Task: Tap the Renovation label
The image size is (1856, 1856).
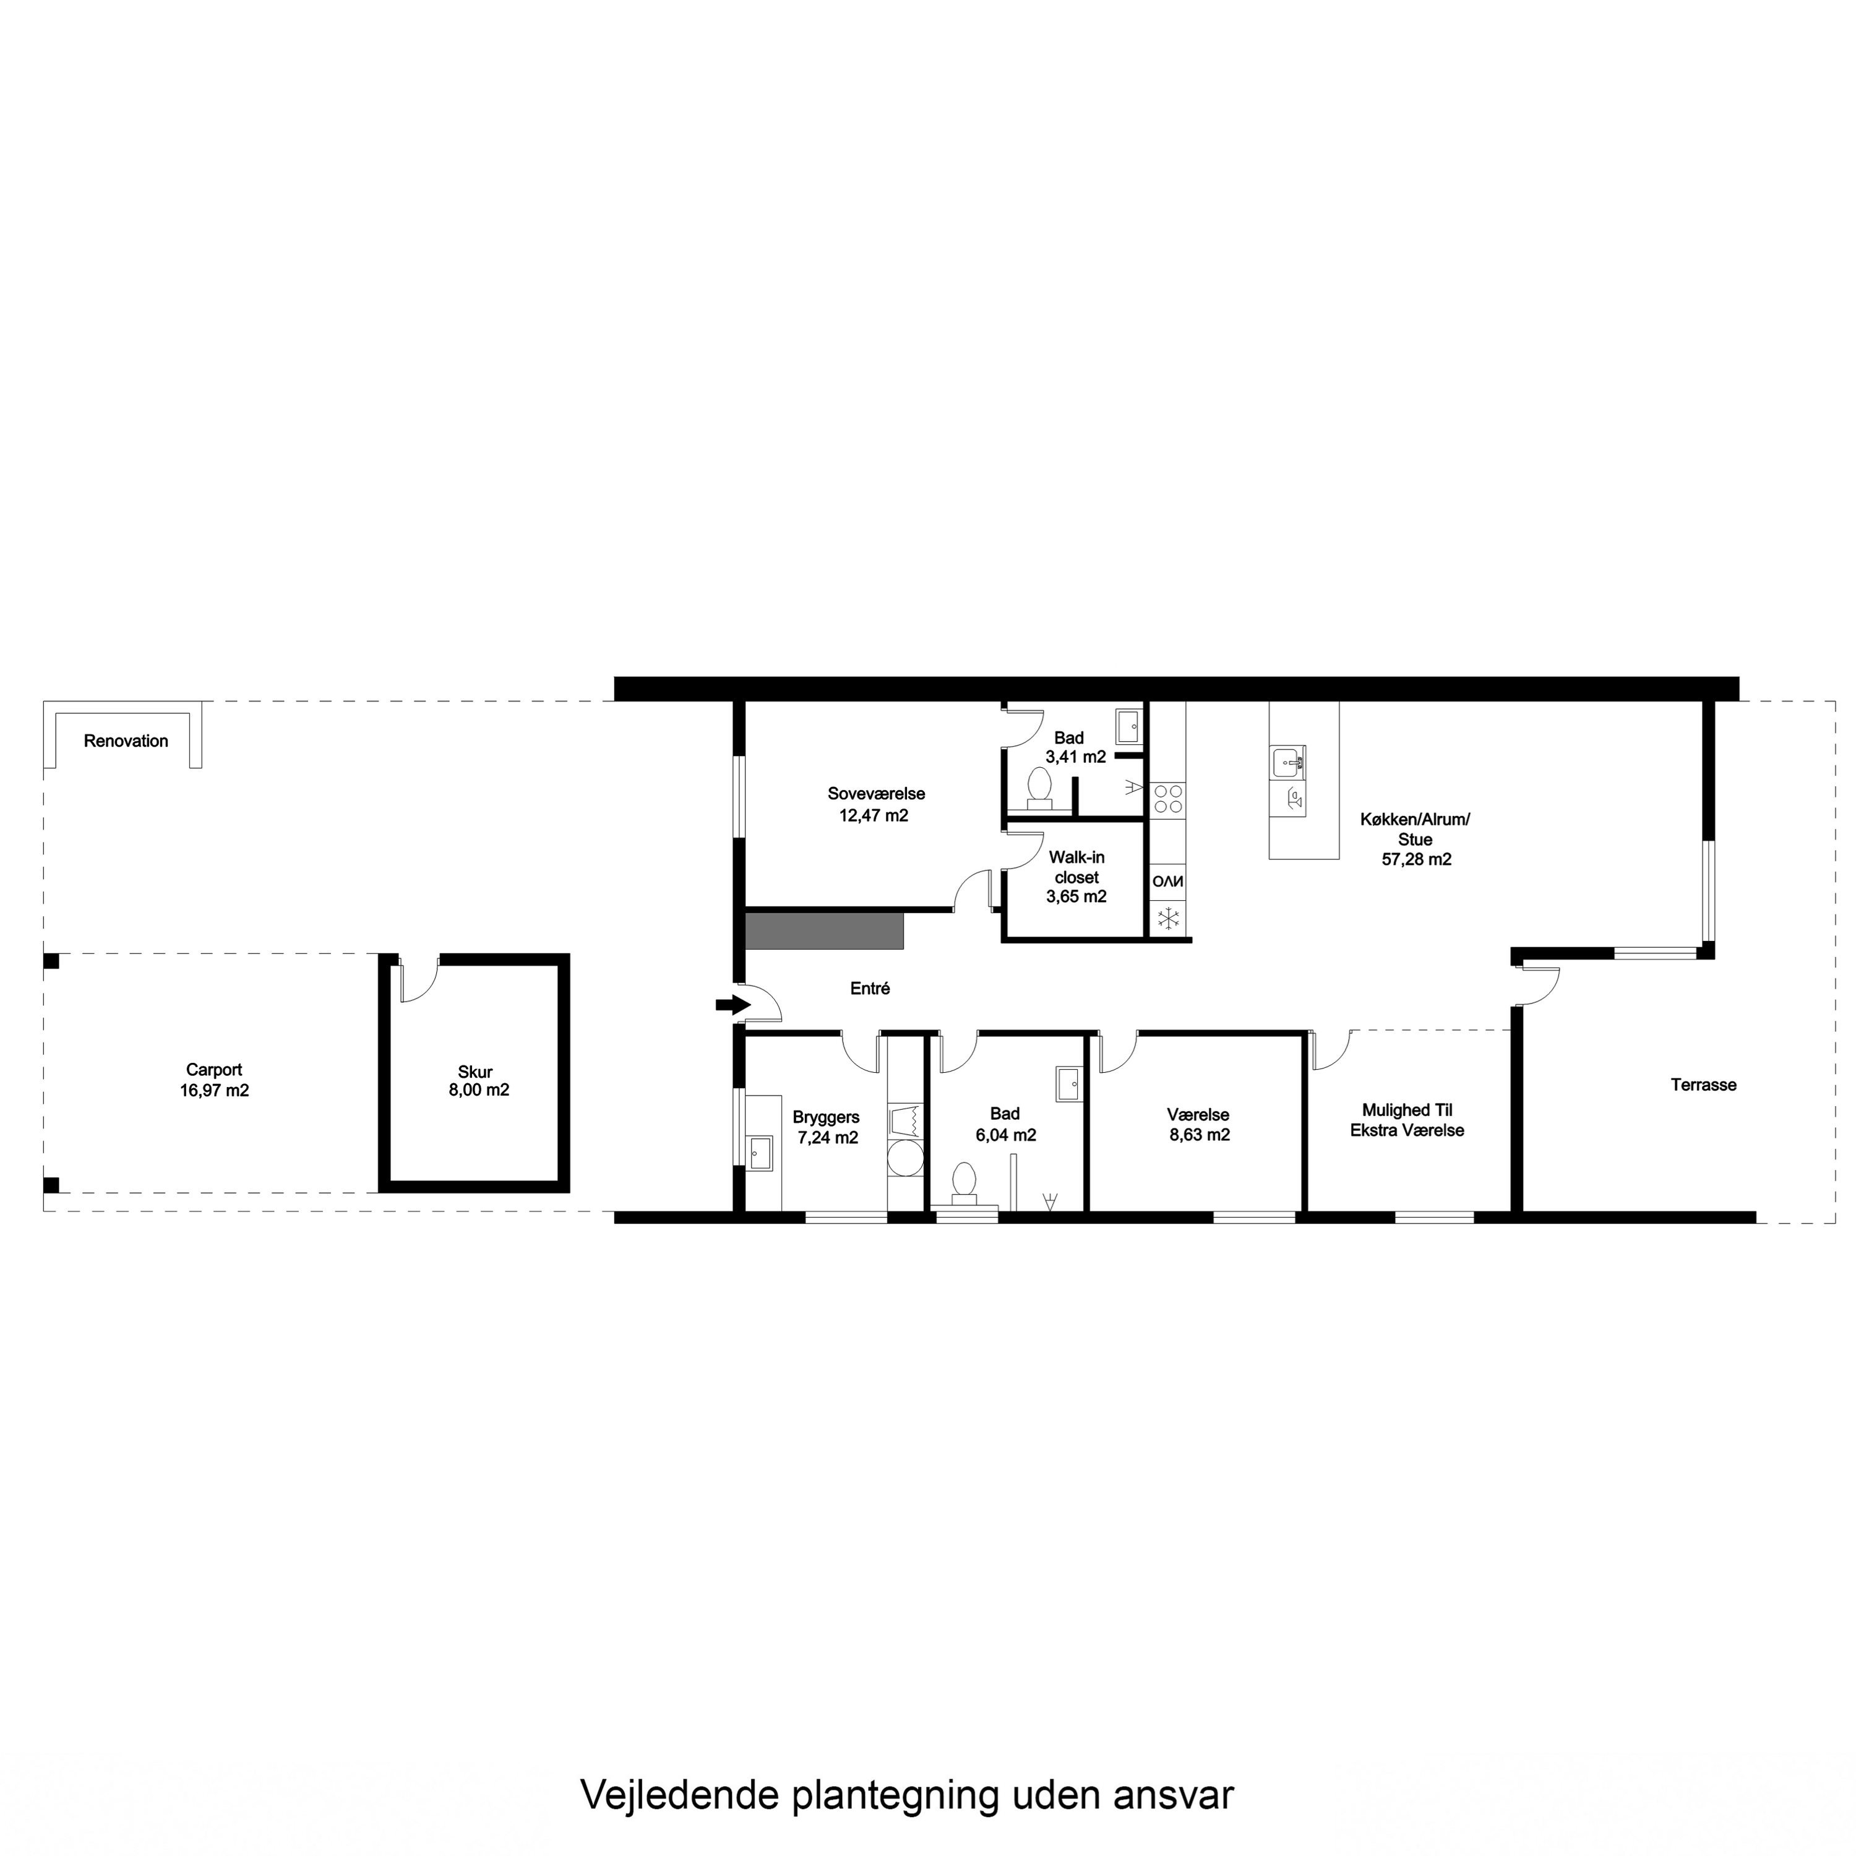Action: pos(126,741)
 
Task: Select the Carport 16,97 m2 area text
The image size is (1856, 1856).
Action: pos(214,1080)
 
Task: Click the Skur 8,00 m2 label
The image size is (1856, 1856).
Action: pos(478,1081)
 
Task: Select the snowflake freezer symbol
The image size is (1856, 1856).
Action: pos(1168,918)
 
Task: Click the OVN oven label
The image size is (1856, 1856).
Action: pos(1168,880)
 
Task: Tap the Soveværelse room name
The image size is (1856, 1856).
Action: pos(876,794)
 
